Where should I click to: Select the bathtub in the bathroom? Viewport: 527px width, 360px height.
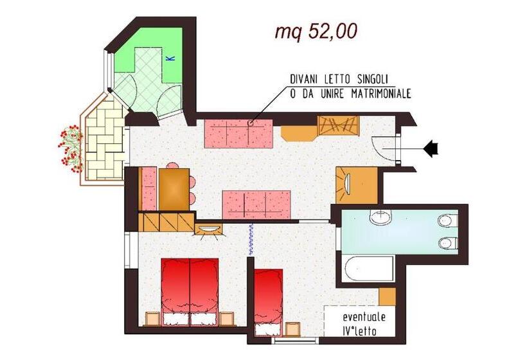(369, 269)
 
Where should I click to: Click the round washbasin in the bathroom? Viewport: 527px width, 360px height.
(380, 218)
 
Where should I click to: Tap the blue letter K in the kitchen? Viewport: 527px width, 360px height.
(170, 59)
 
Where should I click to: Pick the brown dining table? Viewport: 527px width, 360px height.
(172, 188)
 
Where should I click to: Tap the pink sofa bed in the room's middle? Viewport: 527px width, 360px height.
(252, 204)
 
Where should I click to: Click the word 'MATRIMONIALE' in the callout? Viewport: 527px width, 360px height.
(375, 94)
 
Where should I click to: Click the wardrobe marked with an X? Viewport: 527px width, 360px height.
(337, 125)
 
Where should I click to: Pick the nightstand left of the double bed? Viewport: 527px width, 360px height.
(152, 318)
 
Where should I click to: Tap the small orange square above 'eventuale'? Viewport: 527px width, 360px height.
(387, 296)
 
